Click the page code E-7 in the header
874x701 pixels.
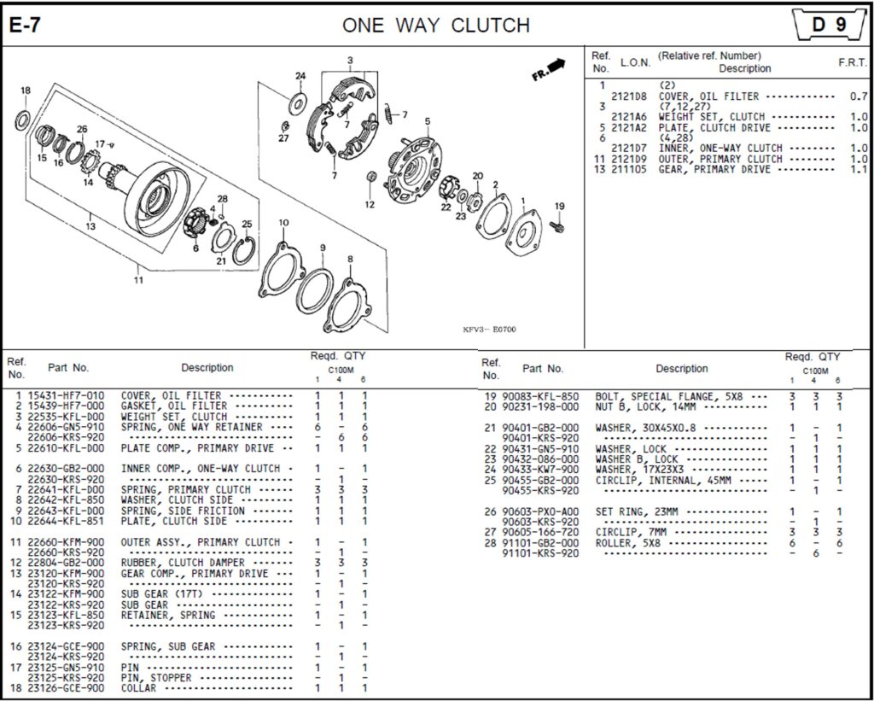click(25, 25)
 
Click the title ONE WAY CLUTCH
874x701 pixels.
click(436, 25)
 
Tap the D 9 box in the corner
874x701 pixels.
click(828, 25)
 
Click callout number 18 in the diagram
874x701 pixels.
click(26, 91)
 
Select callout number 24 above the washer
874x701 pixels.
click(300, 76)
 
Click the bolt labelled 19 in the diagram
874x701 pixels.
click(559, 225)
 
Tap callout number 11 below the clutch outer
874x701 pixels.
click(138, 279)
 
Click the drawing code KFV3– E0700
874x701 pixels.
click(489, 330)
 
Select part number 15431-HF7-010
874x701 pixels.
click(67, 396)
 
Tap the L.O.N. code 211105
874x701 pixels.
click(633, 169)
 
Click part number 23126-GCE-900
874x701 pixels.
click(67, 688)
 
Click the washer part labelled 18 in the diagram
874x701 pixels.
click(23, 119)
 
